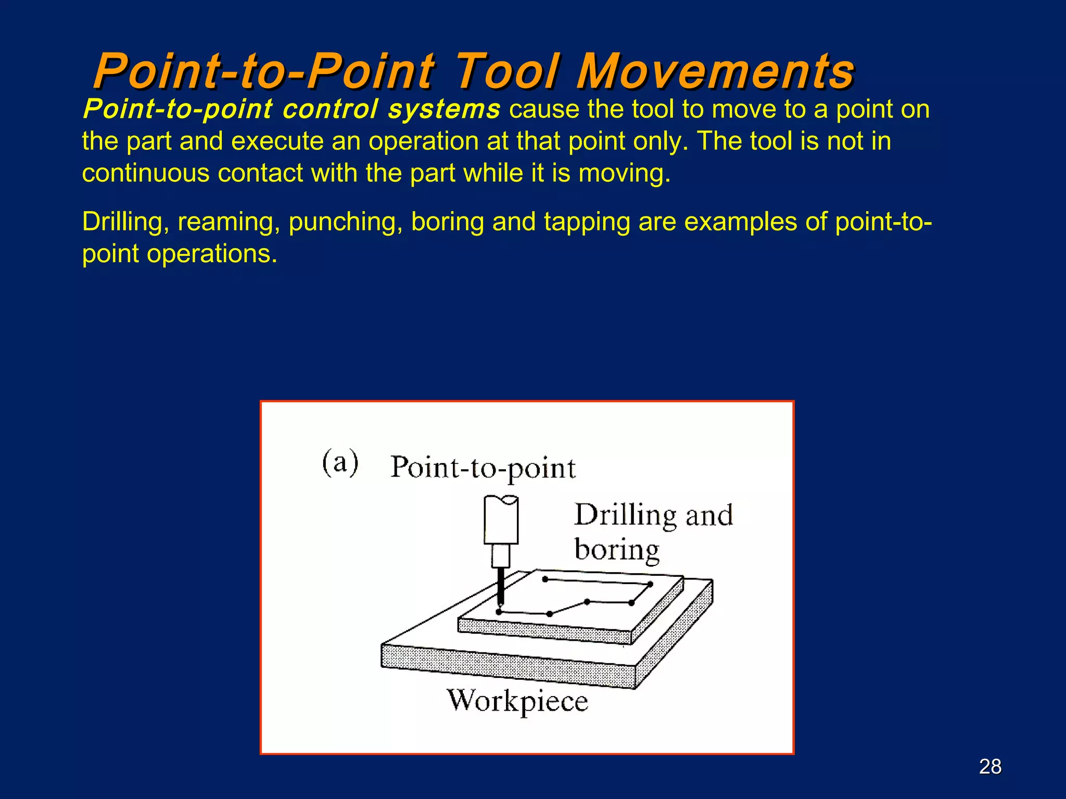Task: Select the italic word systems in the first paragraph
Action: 444,109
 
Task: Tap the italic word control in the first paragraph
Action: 331,109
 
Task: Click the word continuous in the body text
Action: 145,173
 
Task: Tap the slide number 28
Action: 990,767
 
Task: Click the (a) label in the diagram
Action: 340,462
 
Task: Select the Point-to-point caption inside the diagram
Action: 483,468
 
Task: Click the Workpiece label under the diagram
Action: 517,701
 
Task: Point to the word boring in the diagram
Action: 617,550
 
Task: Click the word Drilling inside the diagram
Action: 625,515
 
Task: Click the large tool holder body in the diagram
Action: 501,520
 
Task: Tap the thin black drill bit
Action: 501,586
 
